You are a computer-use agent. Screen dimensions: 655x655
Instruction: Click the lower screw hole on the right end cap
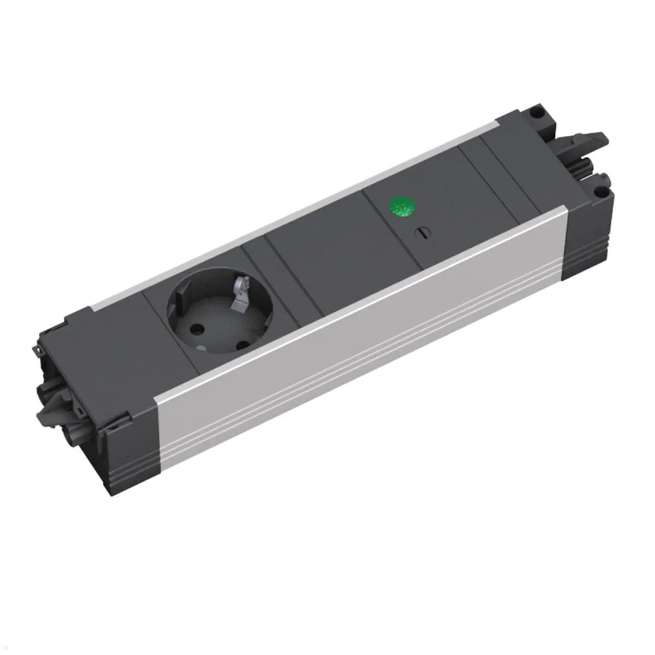(600, 192)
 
